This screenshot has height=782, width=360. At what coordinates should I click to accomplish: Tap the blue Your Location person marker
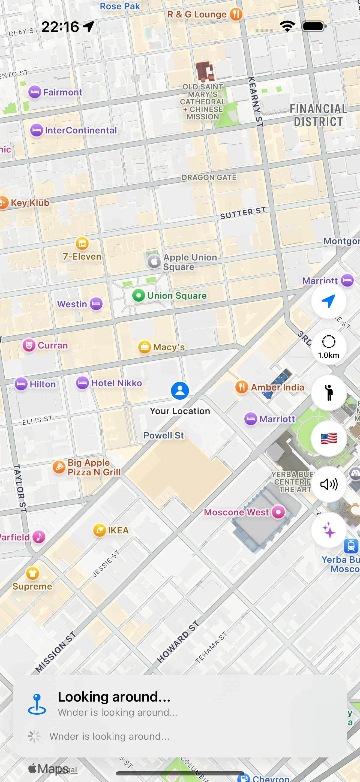pos(180,391)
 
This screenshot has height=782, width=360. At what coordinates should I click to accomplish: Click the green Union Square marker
pos(139,295)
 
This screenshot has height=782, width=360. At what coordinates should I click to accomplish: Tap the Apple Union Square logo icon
pos(154,261)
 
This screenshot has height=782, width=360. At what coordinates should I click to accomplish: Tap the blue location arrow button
pos(328,301)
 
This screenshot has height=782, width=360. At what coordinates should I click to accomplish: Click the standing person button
pos(328,393)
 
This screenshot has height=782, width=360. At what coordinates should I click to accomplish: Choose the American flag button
pos(328,438)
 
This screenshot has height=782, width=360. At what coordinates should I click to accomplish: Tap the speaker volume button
pos(328,484)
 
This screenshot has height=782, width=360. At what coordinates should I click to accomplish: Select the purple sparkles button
pos(328,530)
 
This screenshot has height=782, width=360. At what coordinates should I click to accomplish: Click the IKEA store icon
pos(100,530)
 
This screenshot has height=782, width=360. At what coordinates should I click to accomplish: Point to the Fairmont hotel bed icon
pos(35,92)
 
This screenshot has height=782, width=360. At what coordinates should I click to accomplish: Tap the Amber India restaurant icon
pos(242,387)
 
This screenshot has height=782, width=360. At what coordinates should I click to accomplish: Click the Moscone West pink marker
pos(278,512)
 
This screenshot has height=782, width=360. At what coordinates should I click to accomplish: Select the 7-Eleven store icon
pos(82,243)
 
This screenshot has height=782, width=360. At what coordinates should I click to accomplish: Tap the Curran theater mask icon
pos(29,345)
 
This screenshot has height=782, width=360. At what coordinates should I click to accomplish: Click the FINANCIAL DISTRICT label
pos(318,115)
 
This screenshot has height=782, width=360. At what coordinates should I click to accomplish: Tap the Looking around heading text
pos(114,697)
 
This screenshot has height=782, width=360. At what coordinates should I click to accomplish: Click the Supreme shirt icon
pos(32,573)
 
